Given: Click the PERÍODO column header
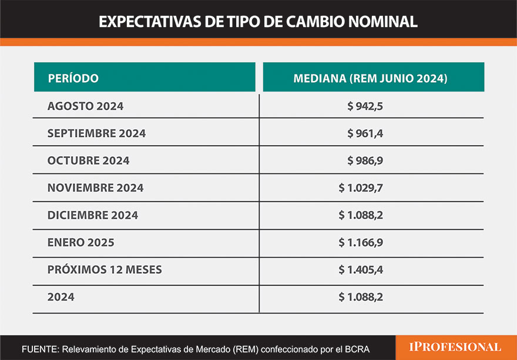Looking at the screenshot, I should [73, 78].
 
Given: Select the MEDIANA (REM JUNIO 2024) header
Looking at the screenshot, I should [370, 78].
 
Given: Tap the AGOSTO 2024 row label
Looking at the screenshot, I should [85, 106].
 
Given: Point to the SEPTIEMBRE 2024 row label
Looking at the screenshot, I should [96, 133].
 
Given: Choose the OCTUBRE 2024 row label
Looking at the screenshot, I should [88, 160].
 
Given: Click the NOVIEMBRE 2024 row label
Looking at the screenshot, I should [95, 188].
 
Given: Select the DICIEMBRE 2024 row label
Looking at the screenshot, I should [93, 215].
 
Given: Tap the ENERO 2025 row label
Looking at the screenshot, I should [80, 242].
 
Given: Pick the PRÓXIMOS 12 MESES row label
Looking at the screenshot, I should [105, 270].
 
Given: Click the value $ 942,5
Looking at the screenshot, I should [365, 106].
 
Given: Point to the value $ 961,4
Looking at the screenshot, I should [365, 133].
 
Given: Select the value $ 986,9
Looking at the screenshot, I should [365, 160].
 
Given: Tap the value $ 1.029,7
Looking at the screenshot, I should [361, 188].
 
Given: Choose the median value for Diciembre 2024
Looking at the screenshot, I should [361, 215].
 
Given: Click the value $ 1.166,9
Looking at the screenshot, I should [361, 242].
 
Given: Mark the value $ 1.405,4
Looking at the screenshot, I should [361, 270].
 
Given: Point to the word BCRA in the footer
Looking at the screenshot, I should [357, 349].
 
